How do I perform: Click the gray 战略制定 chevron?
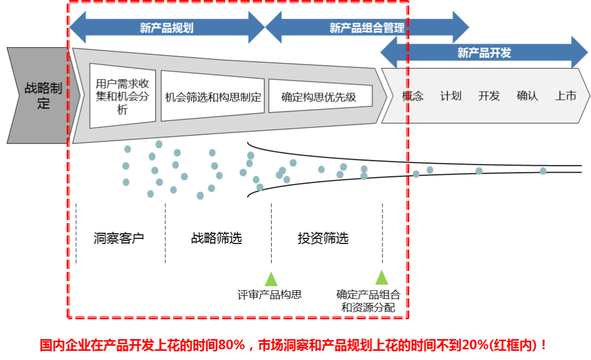[x=41, y=96]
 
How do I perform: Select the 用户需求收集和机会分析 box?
[x=122, y=96]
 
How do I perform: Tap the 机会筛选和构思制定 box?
[x=212, y=97]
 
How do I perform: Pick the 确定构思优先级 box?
[x=319, y=96]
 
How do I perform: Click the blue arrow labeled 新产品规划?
[x=167, y=27]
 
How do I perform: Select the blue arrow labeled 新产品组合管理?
[x=367, y=27]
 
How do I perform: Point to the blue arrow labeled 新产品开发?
[x=484, y=52]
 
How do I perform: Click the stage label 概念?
[x=413, y=96]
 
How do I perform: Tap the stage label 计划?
[x=451, y=96]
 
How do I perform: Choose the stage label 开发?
[x=489, y=96]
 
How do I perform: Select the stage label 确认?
[x=527, y=96]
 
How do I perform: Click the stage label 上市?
[x=566, y=96]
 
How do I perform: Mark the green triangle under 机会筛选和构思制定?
[x=271, y=280]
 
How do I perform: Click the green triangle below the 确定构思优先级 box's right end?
[x=382, y=278]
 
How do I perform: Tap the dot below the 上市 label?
[x=543, y=171]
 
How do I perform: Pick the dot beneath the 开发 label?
[x=479, y=171]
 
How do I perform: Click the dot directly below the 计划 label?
[x=429, y=170]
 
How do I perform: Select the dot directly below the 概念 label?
[x=416, y=174]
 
